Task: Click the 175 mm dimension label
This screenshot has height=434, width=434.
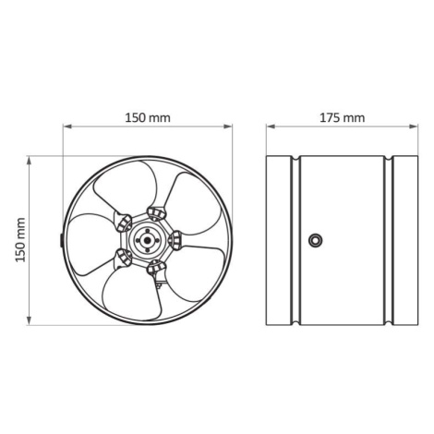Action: (x=343, y=118)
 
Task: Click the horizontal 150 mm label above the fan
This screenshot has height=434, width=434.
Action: (x=148, y=118)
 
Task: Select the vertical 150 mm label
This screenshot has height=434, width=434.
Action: (x=20, y=240)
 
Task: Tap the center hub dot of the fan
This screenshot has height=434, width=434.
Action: (x=148, y=240)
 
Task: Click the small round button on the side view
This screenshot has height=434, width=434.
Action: (x=316, y=240)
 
